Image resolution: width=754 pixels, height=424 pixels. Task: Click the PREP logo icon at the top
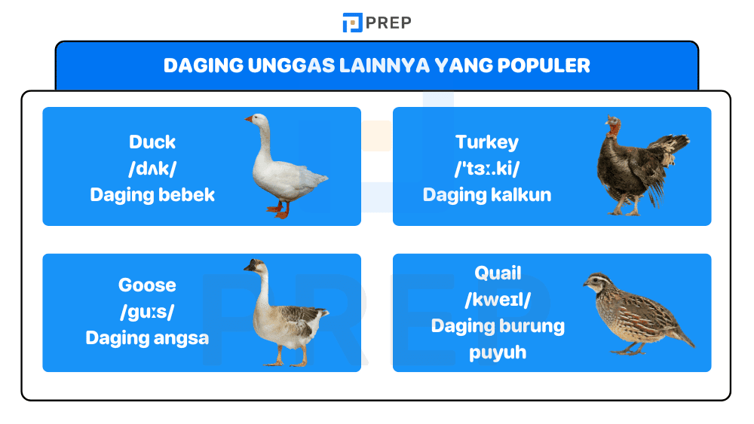pyautogui.click(x=352, y=23)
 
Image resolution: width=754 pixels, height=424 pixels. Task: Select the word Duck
pyautogui.click(x=152, y=142)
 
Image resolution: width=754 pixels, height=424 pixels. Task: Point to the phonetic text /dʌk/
pyautogui.click(x=152, y=169)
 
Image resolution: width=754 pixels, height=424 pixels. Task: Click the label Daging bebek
pyautogui.click(x=152, y=195)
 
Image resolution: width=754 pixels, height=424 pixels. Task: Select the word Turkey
pyautogui.click(x=487, y=142)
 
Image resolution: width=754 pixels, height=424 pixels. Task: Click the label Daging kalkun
pyautogui.click(x=487, y=195)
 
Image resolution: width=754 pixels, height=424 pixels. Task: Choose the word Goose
pyautogui.click(x=147, y=285)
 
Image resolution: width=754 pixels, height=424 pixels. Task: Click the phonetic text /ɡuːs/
pyautogui.click(x=147, y=312)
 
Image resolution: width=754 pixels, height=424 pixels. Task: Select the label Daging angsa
pyautogui.click(x=147, y=338)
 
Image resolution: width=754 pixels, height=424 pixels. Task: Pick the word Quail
pyautogui.click(x=498, y=273)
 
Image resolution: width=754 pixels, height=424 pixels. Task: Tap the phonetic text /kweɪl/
pyautogui.click(x=498, y=300)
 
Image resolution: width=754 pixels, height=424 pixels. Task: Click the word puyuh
pyautogui.click(x=498, y=352)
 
